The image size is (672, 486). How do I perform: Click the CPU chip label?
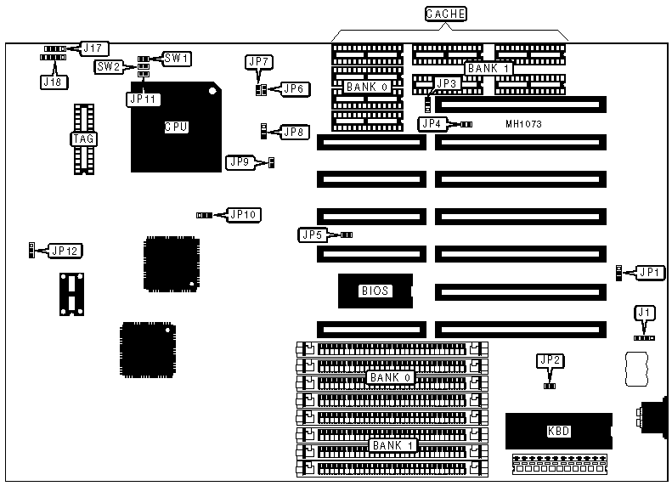176,127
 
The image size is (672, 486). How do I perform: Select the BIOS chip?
375,291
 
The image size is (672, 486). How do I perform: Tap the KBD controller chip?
559,431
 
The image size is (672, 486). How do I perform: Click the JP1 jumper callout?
651,272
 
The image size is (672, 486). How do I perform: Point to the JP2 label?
550,360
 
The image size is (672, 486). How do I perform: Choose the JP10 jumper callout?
243,214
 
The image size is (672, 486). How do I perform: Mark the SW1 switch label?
177,59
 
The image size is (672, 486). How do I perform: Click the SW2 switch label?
109,66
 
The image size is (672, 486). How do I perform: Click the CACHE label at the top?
446,14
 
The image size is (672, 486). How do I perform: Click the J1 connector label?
646,313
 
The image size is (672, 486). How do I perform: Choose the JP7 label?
258,61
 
